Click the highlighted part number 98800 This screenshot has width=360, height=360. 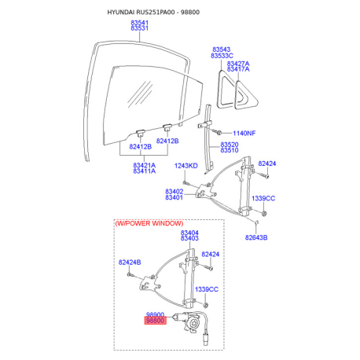tap(156, 321)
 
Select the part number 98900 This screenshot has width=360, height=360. tap(155, 314)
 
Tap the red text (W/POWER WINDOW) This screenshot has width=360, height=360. tap(149, 223)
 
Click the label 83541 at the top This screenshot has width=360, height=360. tap(139, 23)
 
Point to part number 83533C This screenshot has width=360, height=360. tap(222, 56)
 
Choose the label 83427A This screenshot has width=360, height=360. tap(238, 64)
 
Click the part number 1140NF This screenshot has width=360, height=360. tap(244, 133)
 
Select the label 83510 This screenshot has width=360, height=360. tap(230, 150)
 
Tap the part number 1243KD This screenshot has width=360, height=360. tap(186, 166)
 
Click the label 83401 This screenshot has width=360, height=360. tap(174, 197)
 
